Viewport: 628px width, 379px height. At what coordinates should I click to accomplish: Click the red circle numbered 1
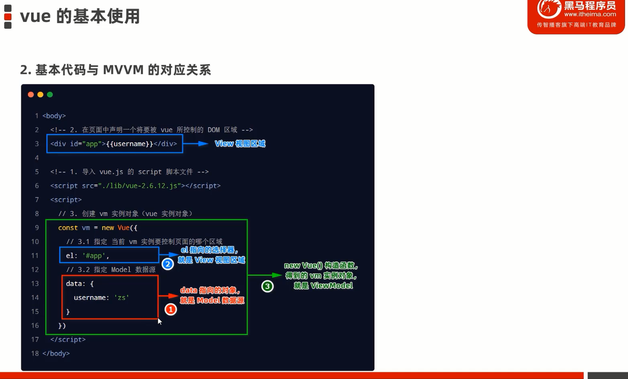click(x=170, y=309)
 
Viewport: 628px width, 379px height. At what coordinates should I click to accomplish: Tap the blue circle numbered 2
click(x=168, y=264)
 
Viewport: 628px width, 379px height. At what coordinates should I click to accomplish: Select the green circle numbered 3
click(x=267, y=286)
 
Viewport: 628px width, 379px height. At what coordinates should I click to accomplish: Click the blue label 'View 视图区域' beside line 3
click(x=240, y=144)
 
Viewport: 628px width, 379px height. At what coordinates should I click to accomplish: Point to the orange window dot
click(x=31, y=95)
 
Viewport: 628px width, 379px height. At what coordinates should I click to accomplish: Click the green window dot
click(x=50, y=95)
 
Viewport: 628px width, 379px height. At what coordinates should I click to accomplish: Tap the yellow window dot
click(x=40, y=95)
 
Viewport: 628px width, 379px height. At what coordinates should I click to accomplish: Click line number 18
click(x=35, y=353)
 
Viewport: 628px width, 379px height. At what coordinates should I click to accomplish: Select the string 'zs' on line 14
click(x=122, y=297)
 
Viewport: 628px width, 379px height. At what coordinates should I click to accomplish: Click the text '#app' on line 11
click(x=94, y=256)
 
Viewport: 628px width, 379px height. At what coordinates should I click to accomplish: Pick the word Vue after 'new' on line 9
click(x=123, y=228)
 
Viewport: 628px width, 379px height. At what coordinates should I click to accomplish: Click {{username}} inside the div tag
click(x=129, y=144)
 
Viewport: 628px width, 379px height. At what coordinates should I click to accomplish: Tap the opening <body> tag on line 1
click(x=54, y=116)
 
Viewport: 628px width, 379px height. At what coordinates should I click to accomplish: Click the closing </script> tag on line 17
click(x=68, y=339)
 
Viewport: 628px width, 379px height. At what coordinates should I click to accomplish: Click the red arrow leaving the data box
click(x=169, y=296)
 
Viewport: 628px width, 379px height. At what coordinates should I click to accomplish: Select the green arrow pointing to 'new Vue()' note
click(x=265, y=275)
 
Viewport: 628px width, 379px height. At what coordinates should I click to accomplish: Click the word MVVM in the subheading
click(x=123, y=70)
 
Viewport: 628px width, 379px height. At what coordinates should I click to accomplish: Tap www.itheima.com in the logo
click(x=590, y=14)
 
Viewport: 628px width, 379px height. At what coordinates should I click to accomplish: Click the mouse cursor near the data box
click(x=159, y=321)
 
